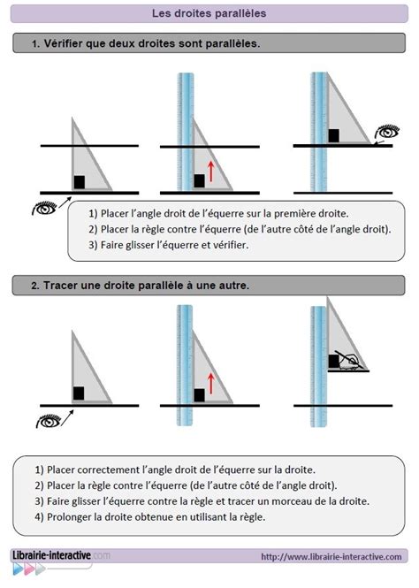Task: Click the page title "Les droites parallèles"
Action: coord(209,13)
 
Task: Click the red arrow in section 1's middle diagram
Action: coord(210,170)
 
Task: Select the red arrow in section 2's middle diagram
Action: coord(210,383)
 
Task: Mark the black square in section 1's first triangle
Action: coord(80,182)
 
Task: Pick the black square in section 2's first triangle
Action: coord(79,393)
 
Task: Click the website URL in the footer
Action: coord(331,556)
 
